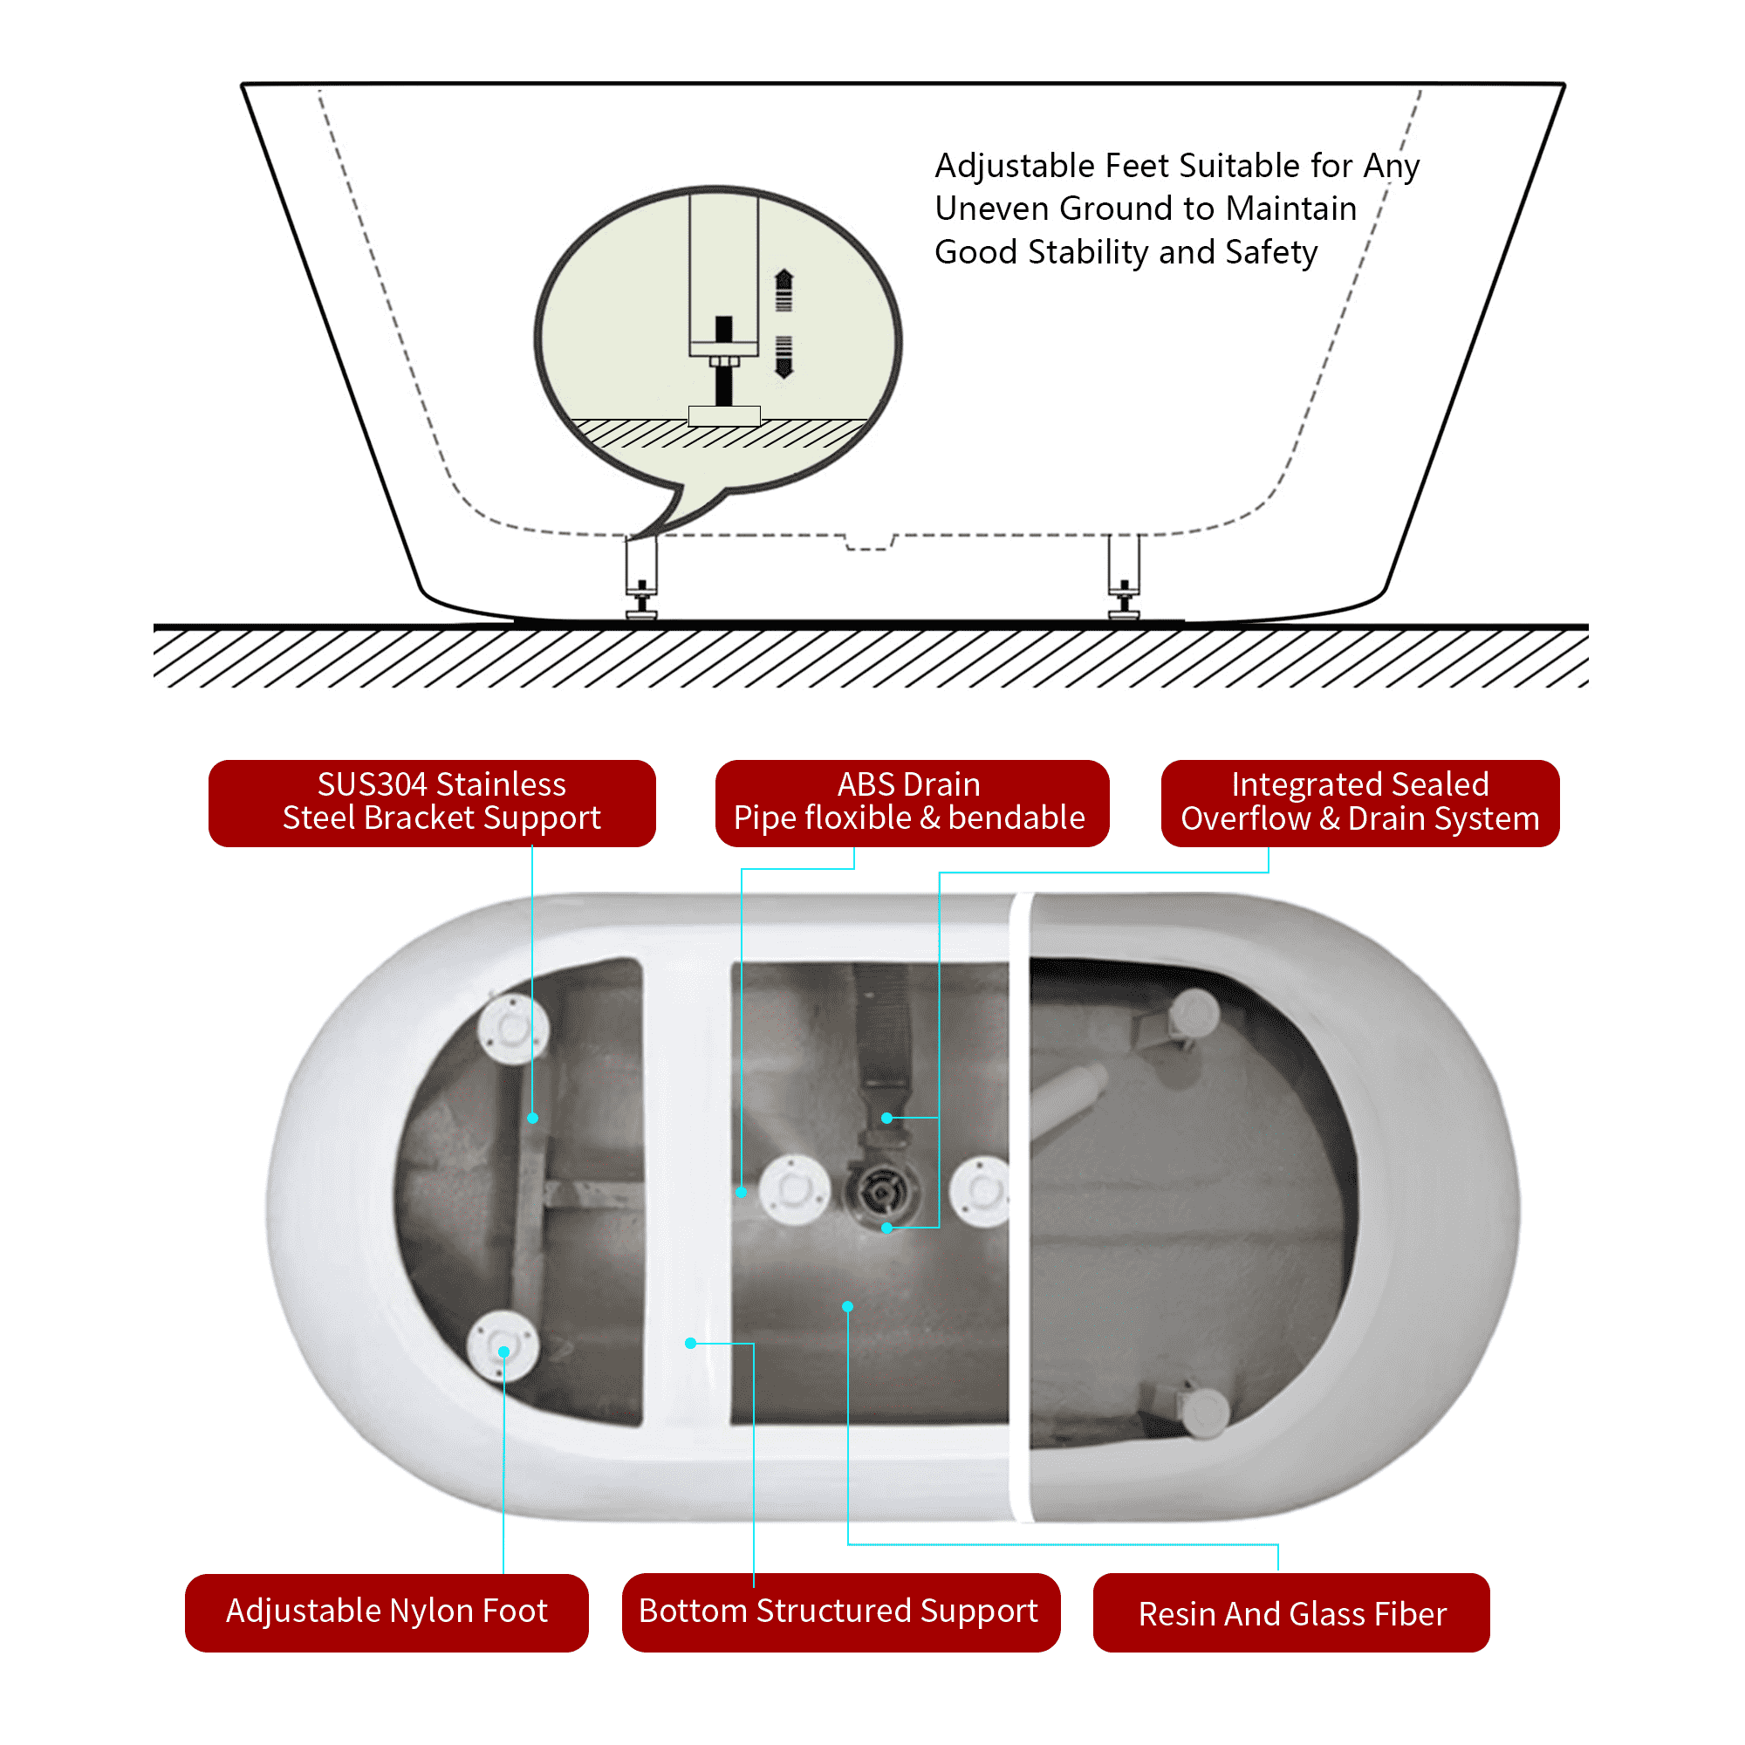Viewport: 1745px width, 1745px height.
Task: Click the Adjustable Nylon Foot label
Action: tap(387, 1612)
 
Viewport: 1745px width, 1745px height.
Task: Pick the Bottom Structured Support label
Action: tap(840, 1612)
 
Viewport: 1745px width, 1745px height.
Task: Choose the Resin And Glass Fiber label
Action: tap(1290, 1614)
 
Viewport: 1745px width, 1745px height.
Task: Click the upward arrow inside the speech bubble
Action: tap(784, 289)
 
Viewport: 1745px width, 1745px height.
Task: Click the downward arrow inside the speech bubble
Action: tap(784, 358)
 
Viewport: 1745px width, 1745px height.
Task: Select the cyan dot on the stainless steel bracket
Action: tap(533, 1119)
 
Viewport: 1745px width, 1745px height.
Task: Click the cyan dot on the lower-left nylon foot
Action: tap(504, 1352)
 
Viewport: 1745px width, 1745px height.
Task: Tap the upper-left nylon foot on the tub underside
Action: tap(512, 1029)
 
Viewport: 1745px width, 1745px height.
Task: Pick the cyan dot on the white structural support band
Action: tap(691, 1344)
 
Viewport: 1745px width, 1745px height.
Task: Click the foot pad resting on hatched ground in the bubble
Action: tap(723, 416)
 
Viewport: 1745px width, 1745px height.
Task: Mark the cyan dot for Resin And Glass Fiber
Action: tap(847, 1307)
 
